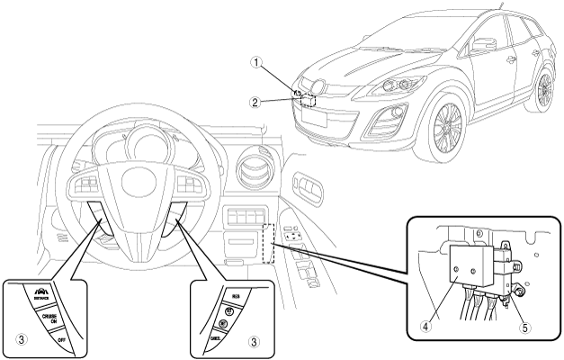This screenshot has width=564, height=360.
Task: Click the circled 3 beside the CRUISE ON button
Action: click(24, 340)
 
